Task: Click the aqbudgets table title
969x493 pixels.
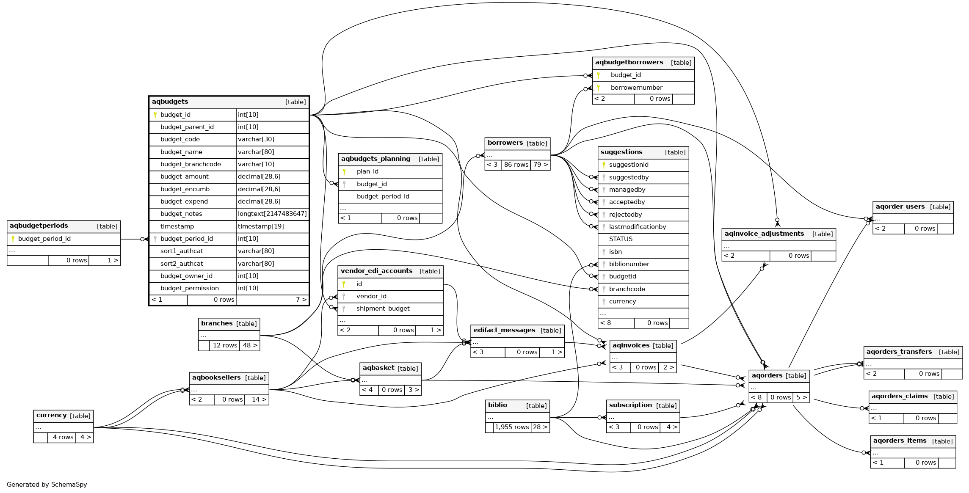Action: [x=170, y=102]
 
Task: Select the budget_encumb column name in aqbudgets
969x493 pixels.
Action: [x=185, y=189]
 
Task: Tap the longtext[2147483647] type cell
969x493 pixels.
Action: [x=272, y=214]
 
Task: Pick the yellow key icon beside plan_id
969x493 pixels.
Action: [x=344, y=172]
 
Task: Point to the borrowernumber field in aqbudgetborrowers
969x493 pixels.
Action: [x=636, y=88]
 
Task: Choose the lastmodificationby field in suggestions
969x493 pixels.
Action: [x=637, y=227]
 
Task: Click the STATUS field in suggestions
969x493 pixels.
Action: [x=621, y=239]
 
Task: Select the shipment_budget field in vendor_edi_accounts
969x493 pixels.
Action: [x=383, y=308]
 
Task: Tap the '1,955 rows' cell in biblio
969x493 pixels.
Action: [x=512, y=427]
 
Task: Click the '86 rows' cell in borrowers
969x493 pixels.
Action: [x=516, y=165]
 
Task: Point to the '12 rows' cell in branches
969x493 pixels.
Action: [x=225, y=345]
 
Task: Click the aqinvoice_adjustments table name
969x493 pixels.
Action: [x=764, y=234]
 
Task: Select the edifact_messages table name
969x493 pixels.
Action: [x=504, y=330]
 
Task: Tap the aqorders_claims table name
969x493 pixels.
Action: [x=899, y=396]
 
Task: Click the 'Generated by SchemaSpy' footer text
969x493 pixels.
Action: [x=47, y=485]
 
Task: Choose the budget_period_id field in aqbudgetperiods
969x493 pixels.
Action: [x=44, y=239]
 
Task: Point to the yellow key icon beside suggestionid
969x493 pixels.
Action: [x=604, y=165]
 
